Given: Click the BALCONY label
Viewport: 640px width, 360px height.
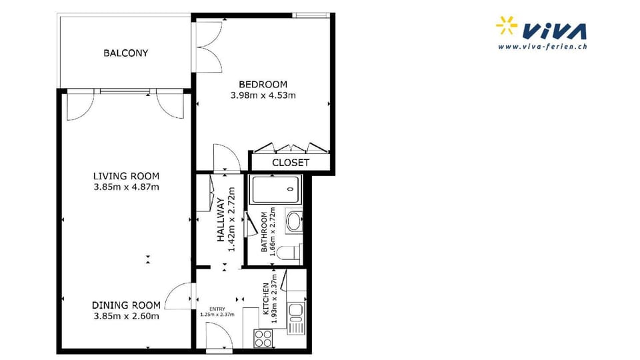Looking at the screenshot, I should (x=125, y=53).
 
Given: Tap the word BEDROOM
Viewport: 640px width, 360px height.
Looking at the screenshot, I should (x=263, y=85).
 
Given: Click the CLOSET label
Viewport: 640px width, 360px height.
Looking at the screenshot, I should (x=291, y=163).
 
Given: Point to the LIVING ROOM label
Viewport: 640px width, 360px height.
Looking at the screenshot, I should (x=127, y=176).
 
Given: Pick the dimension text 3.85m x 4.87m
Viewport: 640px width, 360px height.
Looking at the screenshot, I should (x=127, y=187).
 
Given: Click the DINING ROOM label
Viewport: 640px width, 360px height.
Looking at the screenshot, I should (x=127, y=305).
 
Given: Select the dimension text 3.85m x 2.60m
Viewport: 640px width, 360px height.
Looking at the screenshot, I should (x=127, y=316).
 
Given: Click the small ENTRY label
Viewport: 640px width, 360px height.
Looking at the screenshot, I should (x=217, y=309).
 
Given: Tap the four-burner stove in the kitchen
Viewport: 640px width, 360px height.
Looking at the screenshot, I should (x=264, y=337).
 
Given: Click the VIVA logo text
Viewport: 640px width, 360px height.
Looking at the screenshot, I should (x=555, y=31).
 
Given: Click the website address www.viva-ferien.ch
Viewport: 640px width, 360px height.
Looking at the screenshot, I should (x=542, y=47).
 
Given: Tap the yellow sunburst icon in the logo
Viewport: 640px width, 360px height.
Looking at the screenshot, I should (x=507, y=25).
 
